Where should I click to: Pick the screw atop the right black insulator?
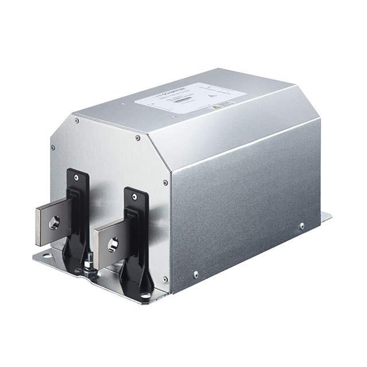pyautogui.click(x=135, y=197)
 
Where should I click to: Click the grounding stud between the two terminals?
pyautogui.click(x=89, y=265)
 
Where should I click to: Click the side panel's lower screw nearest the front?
pyautogui.click(x=196, y=274)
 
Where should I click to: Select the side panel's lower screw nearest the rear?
pyautogui.click(x=302, y=225)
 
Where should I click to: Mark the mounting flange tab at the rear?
pyautogui.click(x=326, y=217)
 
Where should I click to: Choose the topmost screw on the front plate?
pyautogui.click(x=77, y=121)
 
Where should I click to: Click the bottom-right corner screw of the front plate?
pyautogui.click(x=165, y=279)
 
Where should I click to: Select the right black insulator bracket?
pyautogui.click(x=135, y=235)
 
